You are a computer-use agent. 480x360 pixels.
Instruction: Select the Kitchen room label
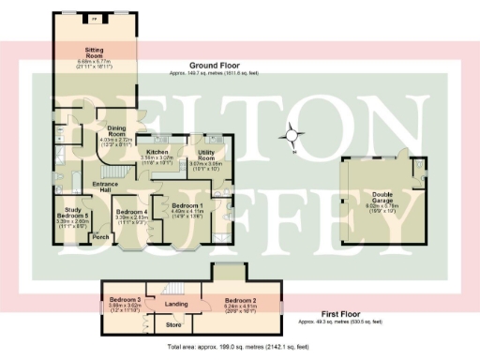(157, 152)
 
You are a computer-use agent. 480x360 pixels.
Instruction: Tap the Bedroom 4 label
(132, 212)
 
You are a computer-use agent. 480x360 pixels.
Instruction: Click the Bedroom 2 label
(239, 300)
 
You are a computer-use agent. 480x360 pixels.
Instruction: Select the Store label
(172, 325)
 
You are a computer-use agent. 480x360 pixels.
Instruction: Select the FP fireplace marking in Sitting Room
(94, 17)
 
